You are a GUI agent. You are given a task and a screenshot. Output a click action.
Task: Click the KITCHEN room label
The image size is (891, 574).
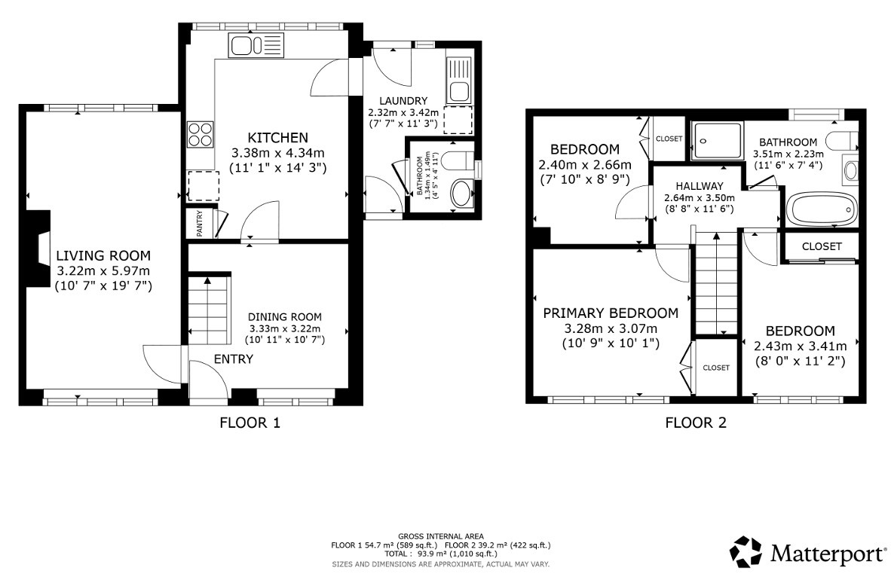pos(277,137)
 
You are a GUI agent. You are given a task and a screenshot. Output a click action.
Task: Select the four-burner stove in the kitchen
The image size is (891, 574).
pos(200,133)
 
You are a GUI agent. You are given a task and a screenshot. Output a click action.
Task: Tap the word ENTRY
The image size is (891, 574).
pos(234,359)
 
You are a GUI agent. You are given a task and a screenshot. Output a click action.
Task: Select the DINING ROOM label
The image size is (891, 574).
pos(285,316)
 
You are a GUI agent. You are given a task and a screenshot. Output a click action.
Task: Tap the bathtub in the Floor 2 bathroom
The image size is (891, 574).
pos(821,209)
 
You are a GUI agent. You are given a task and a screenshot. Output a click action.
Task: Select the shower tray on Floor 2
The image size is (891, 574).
pos(718,141)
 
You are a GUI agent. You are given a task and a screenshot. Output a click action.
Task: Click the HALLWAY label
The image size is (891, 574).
pos(699,186)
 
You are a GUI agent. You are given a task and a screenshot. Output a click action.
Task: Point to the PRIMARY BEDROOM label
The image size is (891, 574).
pos(611,313)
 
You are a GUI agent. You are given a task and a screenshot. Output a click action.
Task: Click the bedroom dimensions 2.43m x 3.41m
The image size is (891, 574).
pos(800,346)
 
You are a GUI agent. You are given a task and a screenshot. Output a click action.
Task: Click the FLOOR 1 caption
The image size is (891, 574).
pos(250,423)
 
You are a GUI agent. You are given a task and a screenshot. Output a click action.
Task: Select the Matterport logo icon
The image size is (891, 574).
pos(746,552)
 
